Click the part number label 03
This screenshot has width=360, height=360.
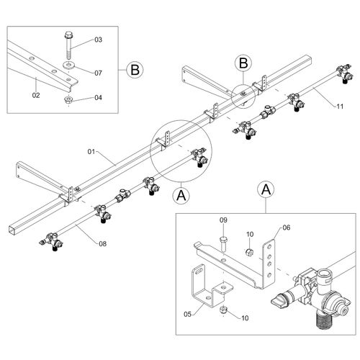(98, 40)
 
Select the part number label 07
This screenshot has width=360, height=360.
(98, 73)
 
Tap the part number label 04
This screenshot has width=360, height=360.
(98, 97)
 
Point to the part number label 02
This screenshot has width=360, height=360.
(36, 95)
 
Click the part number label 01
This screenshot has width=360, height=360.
(91, 152)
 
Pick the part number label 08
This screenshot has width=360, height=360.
(102, 244)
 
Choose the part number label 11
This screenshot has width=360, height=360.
(340, 107)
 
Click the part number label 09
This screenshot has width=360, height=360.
(223, 220)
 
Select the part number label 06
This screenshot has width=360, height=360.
(287, 228)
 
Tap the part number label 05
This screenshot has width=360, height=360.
(188, 314)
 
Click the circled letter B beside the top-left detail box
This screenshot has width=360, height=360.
(135, 70)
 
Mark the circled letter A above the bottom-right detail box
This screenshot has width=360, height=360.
(266, 190)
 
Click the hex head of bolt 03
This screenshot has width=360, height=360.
(68, 35)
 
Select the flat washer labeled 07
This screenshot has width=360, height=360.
(69, 65)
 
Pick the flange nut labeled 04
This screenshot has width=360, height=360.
(68, 99)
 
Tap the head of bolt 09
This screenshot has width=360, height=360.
(223, 239)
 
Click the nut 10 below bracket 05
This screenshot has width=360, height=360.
(224, 310)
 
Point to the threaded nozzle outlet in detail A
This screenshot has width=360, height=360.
(324, 320)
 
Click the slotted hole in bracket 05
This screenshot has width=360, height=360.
(199, 271)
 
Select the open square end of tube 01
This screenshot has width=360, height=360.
(13, 230)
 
